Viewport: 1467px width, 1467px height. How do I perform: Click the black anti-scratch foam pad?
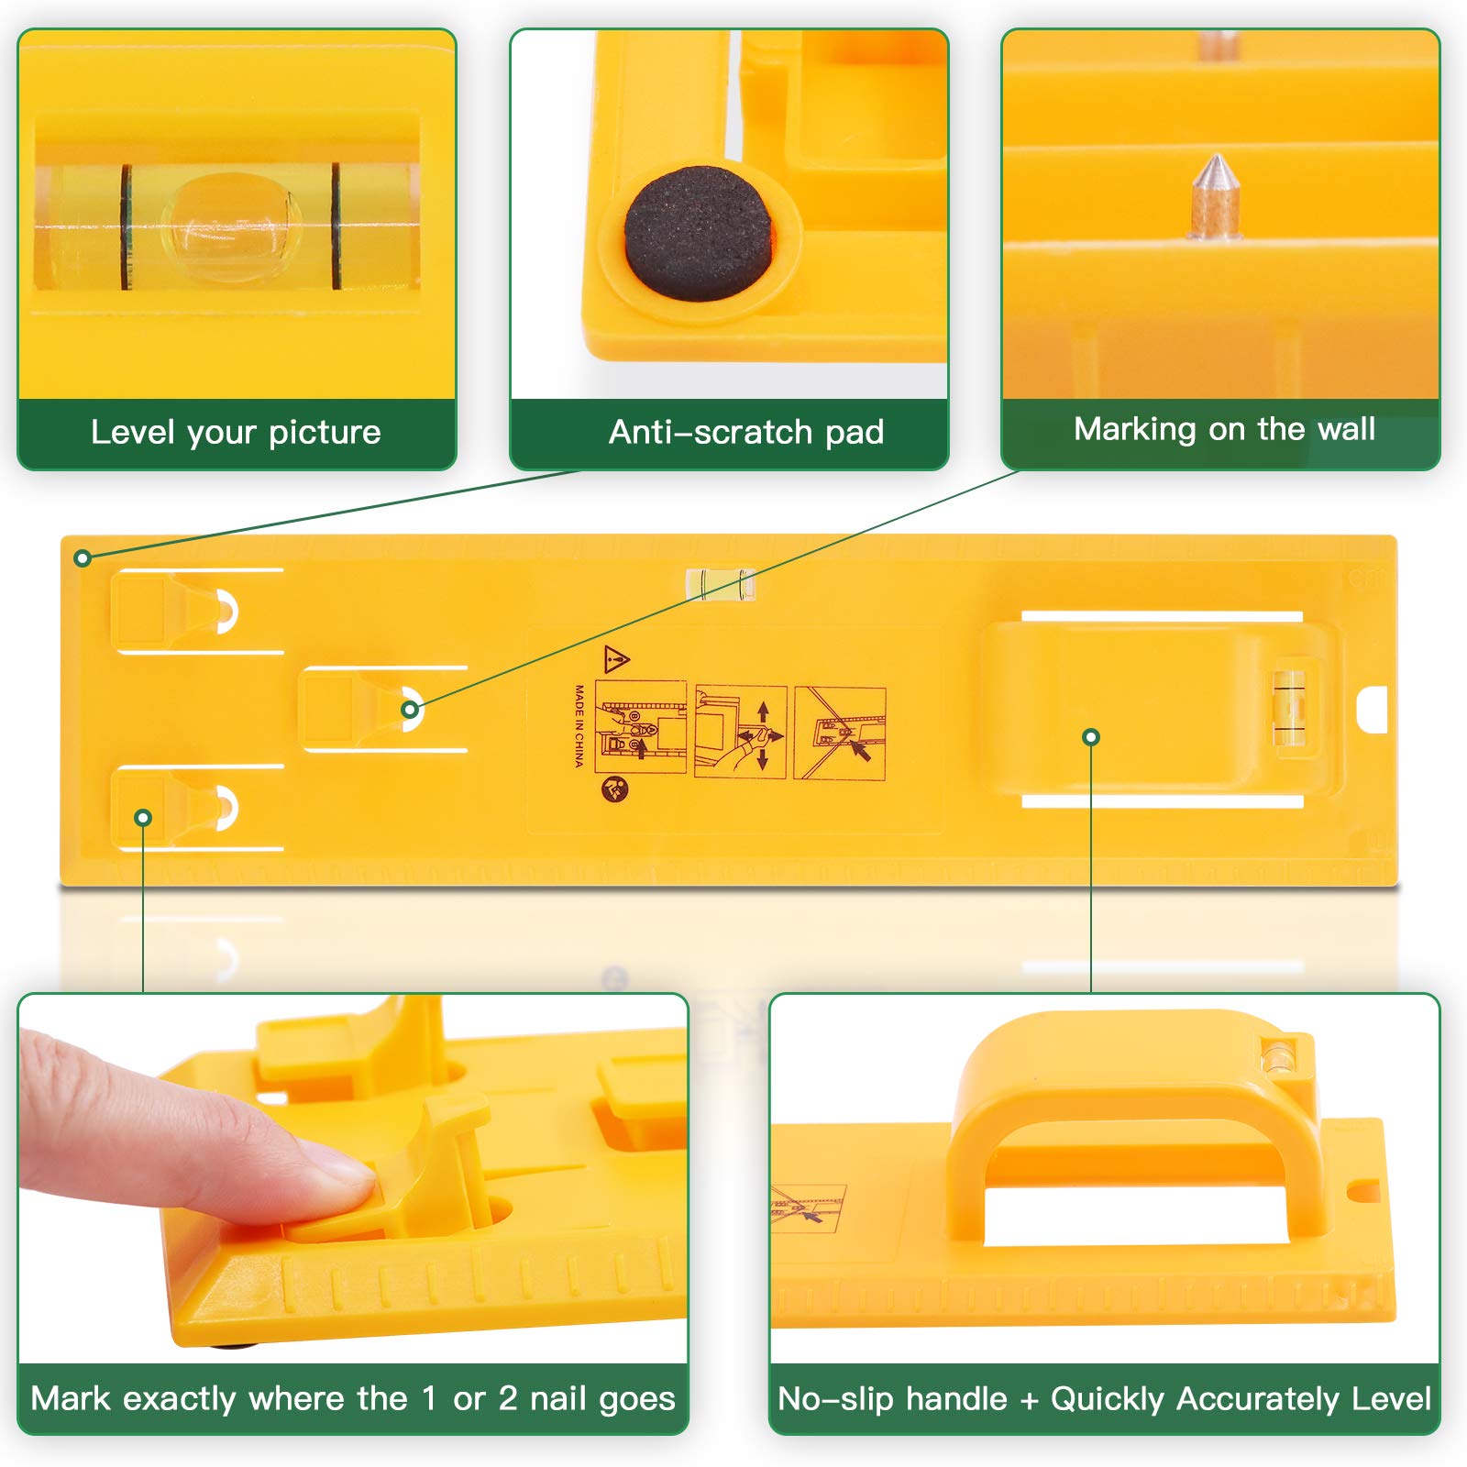(699, 234)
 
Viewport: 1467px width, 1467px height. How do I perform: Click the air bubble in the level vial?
(231, 226)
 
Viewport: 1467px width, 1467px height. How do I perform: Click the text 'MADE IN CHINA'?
(579, 725)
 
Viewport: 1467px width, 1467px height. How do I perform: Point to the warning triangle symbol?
(617, 658)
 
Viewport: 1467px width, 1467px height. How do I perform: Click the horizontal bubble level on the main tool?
(721, 583)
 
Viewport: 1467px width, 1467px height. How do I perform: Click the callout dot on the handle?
(1091, 737)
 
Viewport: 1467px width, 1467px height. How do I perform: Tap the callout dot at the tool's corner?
(83, 557)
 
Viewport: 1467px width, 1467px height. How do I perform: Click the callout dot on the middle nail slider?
(411, 709)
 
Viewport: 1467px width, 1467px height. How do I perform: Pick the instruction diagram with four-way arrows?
(741, 732)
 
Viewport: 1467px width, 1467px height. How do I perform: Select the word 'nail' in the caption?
(558, 1398)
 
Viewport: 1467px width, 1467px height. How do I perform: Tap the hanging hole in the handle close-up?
(1362, 1191)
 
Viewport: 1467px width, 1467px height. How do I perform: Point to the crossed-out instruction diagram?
(840, 733)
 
